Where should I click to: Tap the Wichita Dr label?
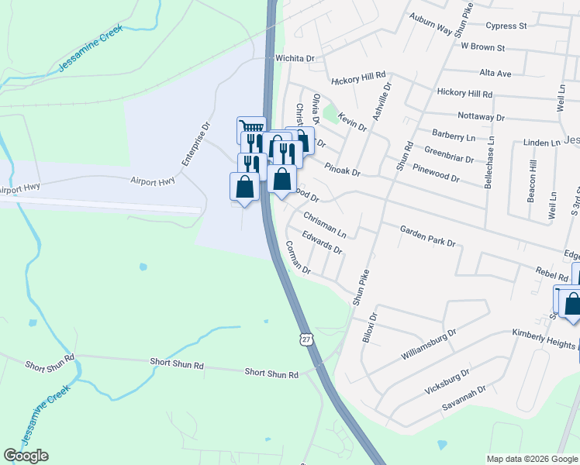[294, 58]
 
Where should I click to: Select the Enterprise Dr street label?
[196, 143]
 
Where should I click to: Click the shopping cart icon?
[250, 128]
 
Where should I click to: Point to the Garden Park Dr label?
[427, 236]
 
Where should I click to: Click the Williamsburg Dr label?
[429, 344]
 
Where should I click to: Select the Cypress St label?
[506, 26]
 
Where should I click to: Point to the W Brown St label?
[482, 47]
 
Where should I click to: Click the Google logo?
[26, 456]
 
